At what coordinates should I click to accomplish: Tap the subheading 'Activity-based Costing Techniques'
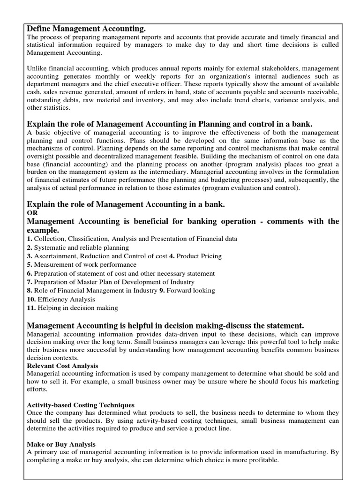point(81,405)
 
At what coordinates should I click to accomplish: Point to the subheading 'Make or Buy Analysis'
point(61,444)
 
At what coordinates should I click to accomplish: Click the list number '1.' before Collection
point(30,239)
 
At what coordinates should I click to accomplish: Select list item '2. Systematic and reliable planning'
point(78,247)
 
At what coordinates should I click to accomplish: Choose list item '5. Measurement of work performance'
point(82,265)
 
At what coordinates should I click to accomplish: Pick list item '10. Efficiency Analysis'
point(61,300)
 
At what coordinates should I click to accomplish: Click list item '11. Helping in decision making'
point(73,308)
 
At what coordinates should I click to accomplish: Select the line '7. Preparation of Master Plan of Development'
point(111,282)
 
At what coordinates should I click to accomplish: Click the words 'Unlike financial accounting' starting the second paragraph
point(65,68)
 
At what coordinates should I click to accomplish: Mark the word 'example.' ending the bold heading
point(43,231)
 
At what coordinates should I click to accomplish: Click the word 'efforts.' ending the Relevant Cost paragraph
point(37,390)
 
